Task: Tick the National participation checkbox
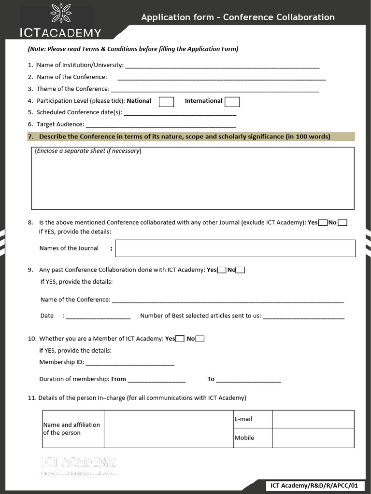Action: (x=166, y=102)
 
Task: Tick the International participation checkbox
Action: (x=232, y=102)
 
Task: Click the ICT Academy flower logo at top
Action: (x=61, y=14)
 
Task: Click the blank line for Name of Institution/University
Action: (x=222, y=65)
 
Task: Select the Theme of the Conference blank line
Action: (x=215, y=89)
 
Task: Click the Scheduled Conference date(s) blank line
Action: (x=180, y=113)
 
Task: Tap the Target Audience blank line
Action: (x=154, y=124)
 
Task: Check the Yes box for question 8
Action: (x=323, y=222)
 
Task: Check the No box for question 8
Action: (x=342, y=222)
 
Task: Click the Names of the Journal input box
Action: (x=235, y=248)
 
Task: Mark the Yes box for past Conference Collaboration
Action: (x=222, y=270)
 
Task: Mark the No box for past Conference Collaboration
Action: (x=240, y=270)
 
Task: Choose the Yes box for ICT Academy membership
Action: (x=180, y=339)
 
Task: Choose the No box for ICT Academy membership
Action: (x=200, y=339)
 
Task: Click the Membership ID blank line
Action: (x=129, y=363)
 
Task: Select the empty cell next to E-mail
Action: (x=313, y=419)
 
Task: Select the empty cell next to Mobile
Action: (x=313, y=438)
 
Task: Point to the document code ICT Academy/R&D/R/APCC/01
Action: (x=314, y=486)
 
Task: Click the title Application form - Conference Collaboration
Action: (x=238, y=17)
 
